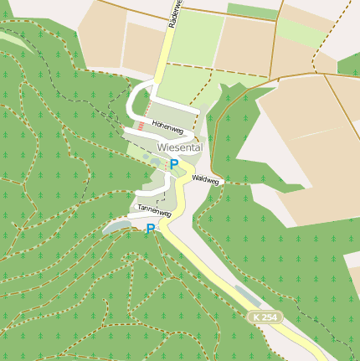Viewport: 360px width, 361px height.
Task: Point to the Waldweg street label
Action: tap(205, 179)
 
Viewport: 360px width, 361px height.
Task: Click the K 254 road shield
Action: tap(265, 317)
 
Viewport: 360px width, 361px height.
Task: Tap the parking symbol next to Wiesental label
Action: tap(174, 164)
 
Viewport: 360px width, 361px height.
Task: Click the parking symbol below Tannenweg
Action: tap(151, 229)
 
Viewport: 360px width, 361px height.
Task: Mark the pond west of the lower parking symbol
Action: tap(116, 225)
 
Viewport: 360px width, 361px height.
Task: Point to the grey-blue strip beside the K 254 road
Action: tap(247, 294)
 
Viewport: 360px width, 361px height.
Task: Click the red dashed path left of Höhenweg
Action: tap(141, 126)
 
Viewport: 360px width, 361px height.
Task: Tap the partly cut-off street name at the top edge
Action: tap(172, 15)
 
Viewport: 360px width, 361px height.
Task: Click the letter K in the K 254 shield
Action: tap(256, 317)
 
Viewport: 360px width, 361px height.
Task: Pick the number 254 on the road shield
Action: tap(269, 317)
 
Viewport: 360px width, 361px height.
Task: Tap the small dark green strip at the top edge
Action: tap(251, 11)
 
